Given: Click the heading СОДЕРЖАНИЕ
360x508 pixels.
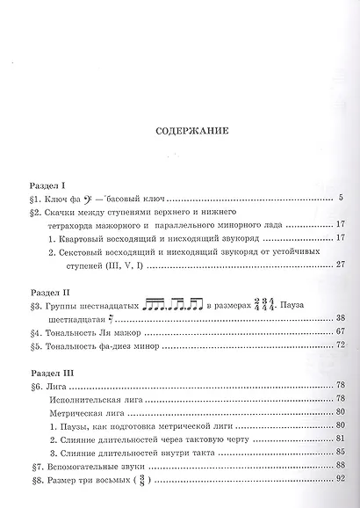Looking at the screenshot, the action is pos(180,133).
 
